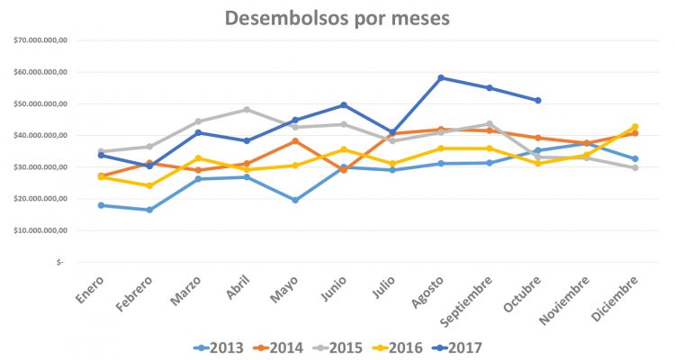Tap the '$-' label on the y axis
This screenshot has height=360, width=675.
point(59,262)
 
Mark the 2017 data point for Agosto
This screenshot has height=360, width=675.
point(441,77)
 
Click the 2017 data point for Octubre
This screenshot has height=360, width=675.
point(538,100)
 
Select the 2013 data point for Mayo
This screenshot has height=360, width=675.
point(295,200)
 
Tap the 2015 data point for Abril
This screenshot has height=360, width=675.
point(247,110)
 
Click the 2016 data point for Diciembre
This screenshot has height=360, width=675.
point(635,127)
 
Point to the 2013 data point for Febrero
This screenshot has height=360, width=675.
point(149,210)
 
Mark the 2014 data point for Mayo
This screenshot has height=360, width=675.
point(295,141)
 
